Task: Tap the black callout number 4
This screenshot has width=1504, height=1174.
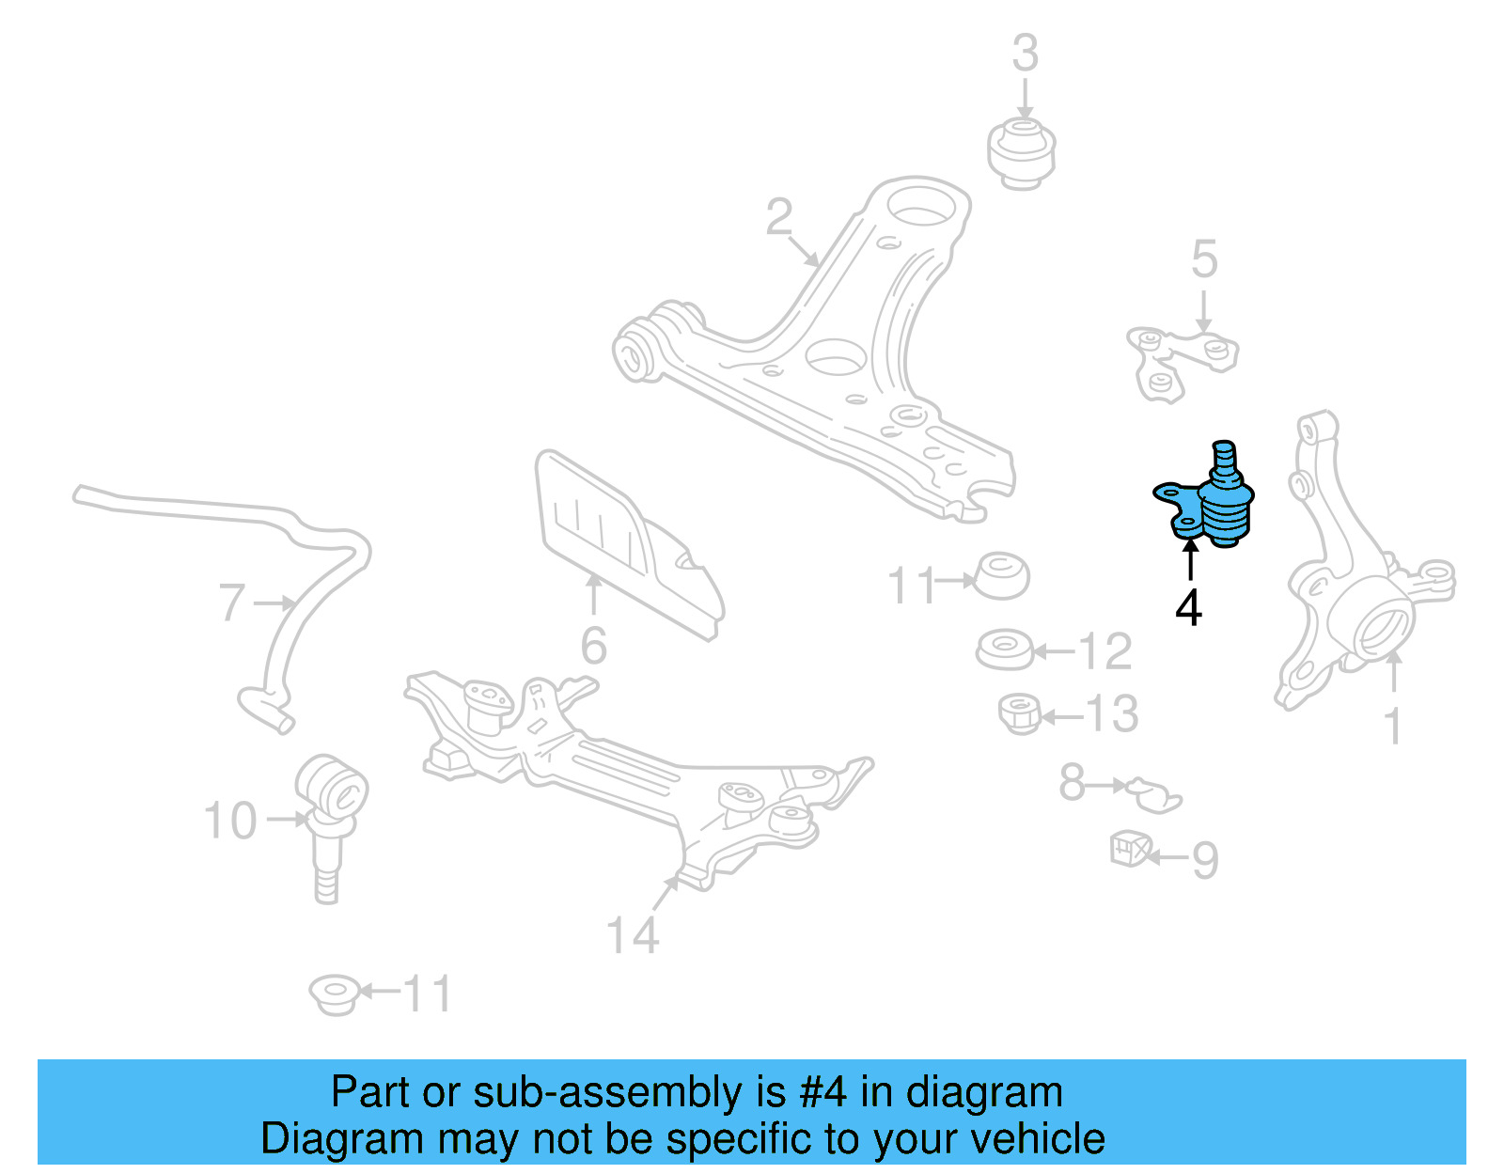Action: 1188,608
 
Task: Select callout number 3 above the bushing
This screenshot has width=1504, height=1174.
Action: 1025,54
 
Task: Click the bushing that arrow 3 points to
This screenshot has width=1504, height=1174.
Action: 1022,151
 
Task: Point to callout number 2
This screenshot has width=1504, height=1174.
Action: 778,217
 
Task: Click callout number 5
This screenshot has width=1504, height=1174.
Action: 1204,259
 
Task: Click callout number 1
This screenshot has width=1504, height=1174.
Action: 1393,727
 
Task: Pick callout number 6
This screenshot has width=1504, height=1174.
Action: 593,646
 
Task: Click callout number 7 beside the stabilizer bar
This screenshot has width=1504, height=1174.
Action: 231,603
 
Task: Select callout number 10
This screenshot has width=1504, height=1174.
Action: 230,821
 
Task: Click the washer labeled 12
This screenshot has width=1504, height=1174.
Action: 1004,650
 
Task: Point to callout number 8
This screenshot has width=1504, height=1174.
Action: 1072,782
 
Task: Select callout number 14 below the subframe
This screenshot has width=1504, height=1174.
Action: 633,935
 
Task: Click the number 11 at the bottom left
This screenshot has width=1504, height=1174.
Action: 428,994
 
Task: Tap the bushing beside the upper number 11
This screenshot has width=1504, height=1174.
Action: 1003,576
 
